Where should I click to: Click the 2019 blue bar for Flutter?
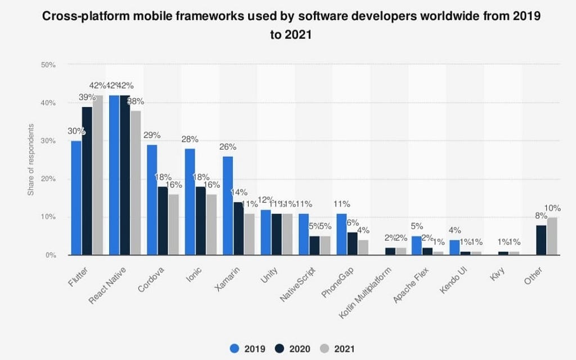coord(76,198)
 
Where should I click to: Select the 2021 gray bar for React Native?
coord(136,183)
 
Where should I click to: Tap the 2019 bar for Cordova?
coord(152,200)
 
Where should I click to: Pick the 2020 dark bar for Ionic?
coord(200,221)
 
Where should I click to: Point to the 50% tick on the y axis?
coord(48,65)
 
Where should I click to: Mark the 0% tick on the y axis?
coord(49,255)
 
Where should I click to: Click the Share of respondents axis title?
coord(31,160)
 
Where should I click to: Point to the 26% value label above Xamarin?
coord(228,147)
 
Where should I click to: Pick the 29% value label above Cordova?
coord(152,135)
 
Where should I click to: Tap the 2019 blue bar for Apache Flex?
coord(416,245)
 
